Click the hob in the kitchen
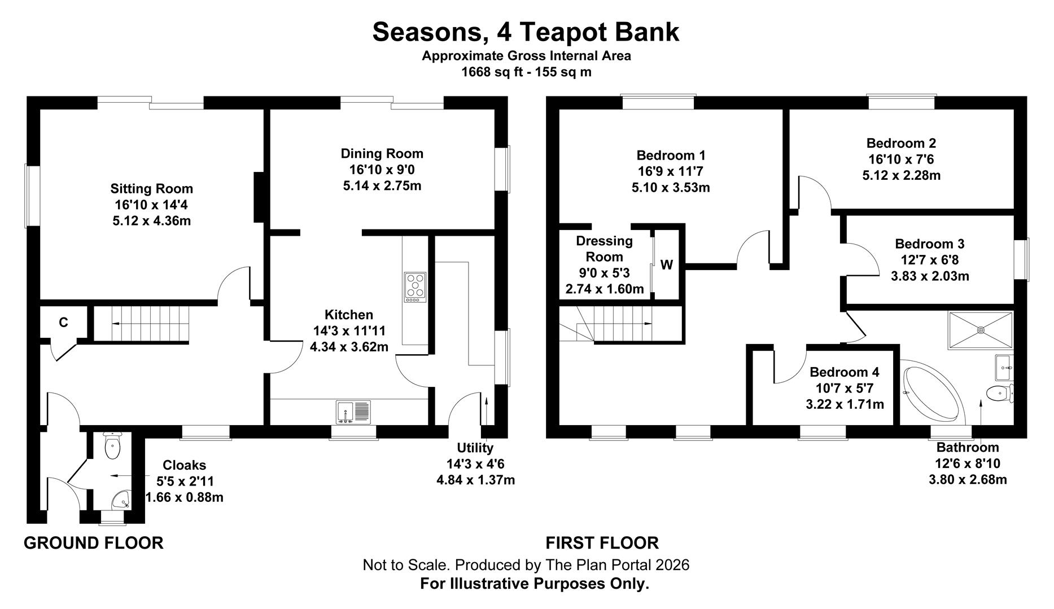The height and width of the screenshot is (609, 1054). [415, 288]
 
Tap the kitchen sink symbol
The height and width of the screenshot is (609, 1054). [354, 412]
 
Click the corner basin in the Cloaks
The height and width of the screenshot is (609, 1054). [121, 499]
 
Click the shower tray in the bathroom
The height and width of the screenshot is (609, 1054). [981, 330]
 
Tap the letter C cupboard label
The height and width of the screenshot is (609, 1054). [64, 323]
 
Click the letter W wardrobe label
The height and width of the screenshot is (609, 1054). [667, 265]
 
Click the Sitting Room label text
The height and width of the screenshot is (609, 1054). [151, 189]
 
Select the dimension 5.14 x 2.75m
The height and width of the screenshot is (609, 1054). [382, 186]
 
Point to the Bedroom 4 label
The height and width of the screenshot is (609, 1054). [844, 372]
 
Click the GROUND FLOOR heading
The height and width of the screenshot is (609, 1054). [94, 543]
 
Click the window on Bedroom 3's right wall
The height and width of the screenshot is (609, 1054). [1026, 259]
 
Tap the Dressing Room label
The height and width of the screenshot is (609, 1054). [604, 249]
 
